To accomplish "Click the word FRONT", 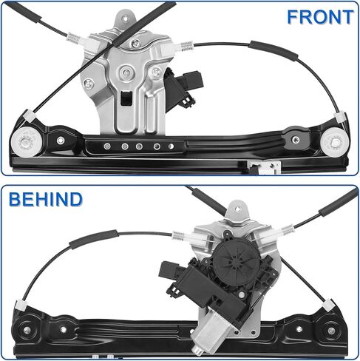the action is click(x=320, y=17).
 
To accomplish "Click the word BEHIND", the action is click(x=46, y=199).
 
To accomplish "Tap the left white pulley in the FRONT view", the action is click(x=24, y=142).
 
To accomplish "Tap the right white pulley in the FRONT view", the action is click(x=335, y=142).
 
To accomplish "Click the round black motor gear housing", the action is click(x=236, y=261).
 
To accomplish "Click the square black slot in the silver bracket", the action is click(x=126, y=98).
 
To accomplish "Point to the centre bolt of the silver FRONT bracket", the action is click(x=126, y=72).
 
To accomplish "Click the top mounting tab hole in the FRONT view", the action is click(x=125, y=18).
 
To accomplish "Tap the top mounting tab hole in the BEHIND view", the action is click(x=237, y=209).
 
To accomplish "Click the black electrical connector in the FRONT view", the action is click(x=183, y=90).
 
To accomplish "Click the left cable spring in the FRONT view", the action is click(x=73, y=38).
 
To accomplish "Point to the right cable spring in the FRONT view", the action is click(x=187, y=47).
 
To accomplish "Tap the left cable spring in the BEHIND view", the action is click(x=178, y=235).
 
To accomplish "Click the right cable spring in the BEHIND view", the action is click(x=287, y=231).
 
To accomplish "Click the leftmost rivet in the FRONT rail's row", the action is click(x=107, y=146).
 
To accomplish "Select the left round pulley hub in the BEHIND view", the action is click(x=27, y=330).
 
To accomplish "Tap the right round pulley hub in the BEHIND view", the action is click(x=331, y=330).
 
